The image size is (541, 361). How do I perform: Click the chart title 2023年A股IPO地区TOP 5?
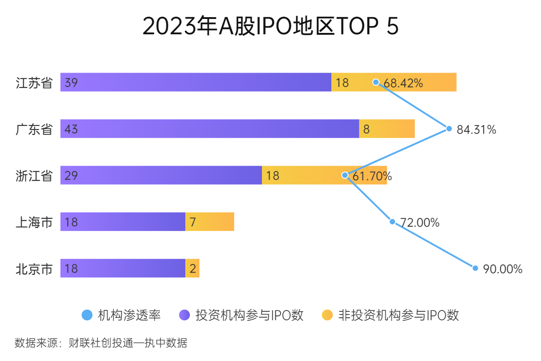click(270, 26)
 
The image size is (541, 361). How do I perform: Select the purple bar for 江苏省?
click(196, 82)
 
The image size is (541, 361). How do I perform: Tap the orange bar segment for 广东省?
click(387, 129)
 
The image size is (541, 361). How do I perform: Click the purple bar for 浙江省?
click(161, 175)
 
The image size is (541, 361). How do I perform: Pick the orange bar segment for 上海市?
click(210, 222)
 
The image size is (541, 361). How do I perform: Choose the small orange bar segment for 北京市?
click(193, 268)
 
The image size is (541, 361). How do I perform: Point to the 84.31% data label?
click(476, 130)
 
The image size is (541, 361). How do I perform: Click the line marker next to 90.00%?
click(475, 268)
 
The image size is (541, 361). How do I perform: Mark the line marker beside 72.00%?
click(392, 222)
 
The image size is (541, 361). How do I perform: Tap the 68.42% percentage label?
click(403, 83)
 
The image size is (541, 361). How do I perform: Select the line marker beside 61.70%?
click(345, 175)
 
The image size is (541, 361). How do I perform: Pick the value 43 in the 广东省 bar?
click(71, 130)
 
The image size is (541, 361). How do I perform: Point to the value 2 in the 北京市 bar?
click(193, 269)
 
